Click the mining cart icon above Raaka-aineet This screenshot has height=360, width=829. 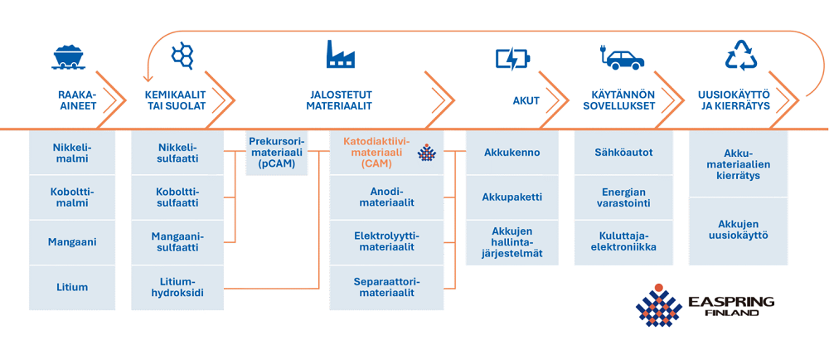pyautogui.click(x=70, y=56)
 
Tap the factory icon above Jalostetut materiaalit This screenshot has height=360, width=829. pyautogui.click(x=340, y=55)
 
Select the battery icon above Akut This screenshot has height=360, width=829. pyautogui.click(x=511, y=58)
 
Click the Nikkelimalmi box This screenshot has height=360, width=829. pyautogui.click(x=72, y=153)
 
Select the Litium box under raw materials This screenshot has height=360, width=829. pyautogui.click(x=72, y=287)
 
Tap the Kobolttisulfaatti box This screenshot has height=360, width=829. pyautogui.click(x=177, y=197)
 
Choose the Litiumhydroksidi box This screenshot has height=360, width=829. pyautogui.click(x=177, y=287)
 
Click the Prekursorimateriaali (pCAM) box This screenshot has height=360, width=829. pyautogui.click(x=277, y=153)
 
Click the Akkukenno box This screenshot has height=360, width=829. pyautogui.click(x=511, y=153)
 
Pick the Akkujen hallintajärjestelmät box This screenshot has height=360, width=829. pyautogui.click(x=511, y=241)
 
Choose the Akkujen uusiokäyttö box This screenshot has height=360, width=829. pyautogui.click(x=738, y=230)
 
